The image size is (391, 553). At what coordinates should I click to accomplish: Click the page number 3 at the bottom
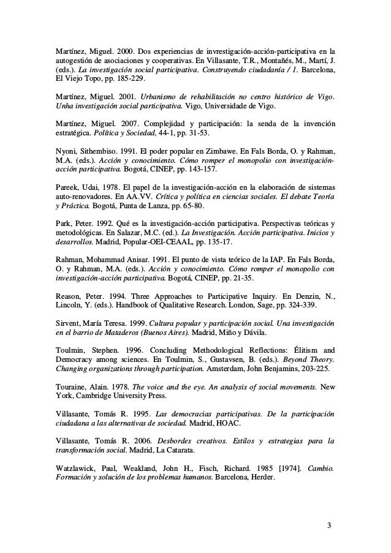point(329,525)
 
